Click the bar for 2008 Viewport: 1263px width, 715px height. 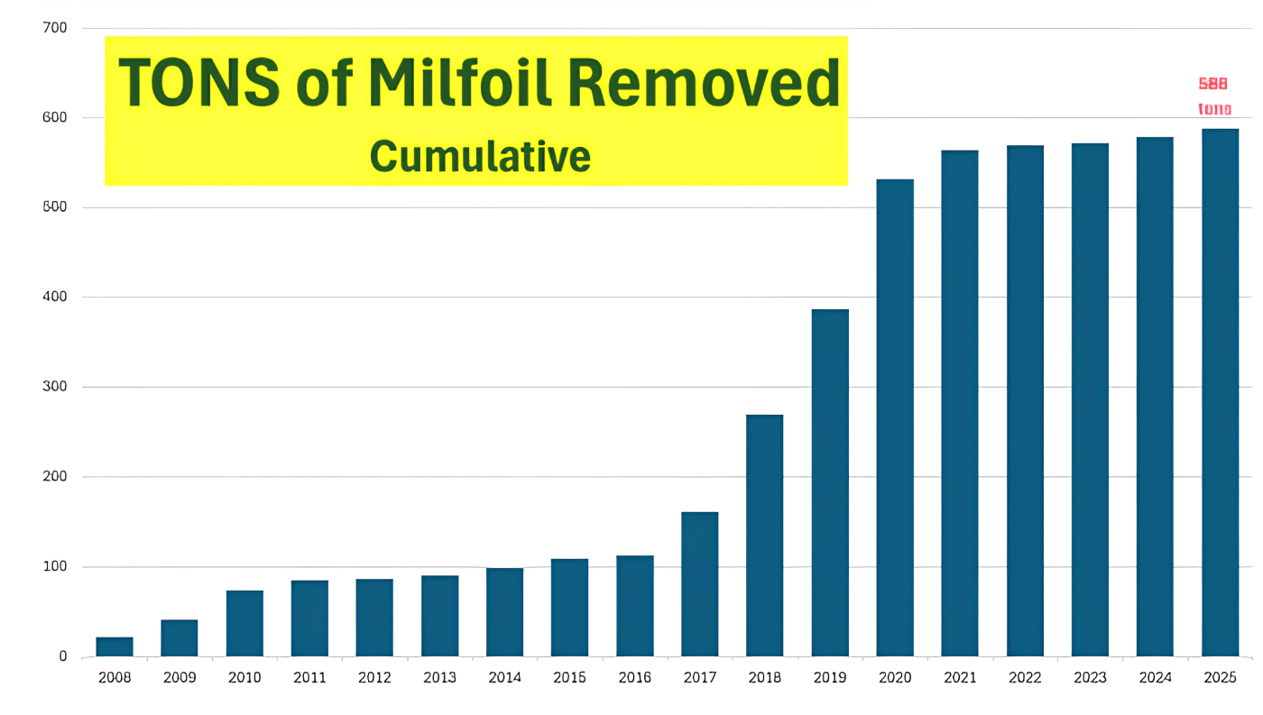coord(115,646)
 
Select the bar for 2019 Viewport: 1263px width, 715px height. coord(830,482)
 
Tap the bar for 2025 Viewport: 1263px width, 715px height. coord(1220,392)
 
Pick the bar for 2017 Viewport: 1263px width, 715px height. coord(700,583)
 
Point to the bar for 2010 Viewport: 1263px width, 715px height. coord(244,623)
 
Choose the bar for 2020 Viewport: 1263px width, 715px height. coord(895,417)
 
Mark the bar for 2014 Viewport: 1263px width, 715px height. coord(504,611)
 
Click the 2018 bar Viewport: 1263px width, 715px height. coord(765,535)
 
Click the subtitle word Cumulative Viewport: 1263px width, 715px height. coord(480,156)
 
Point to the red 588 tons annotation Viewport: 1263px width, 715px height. coord(1214,96)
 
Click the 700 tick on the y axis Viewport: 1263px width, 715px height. coord(55,28)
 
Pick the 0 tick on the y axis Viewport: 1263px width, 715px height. coord(63,656)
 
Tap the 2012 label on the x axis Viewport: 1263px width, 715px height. coord(374,678)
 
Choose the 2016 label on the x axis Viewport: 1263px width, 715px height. coord(634,678)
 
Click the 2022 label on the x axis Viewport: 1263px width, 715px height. coord(1025,678)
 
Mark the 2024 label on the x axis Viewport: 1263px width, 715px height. coord(1155,678)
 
